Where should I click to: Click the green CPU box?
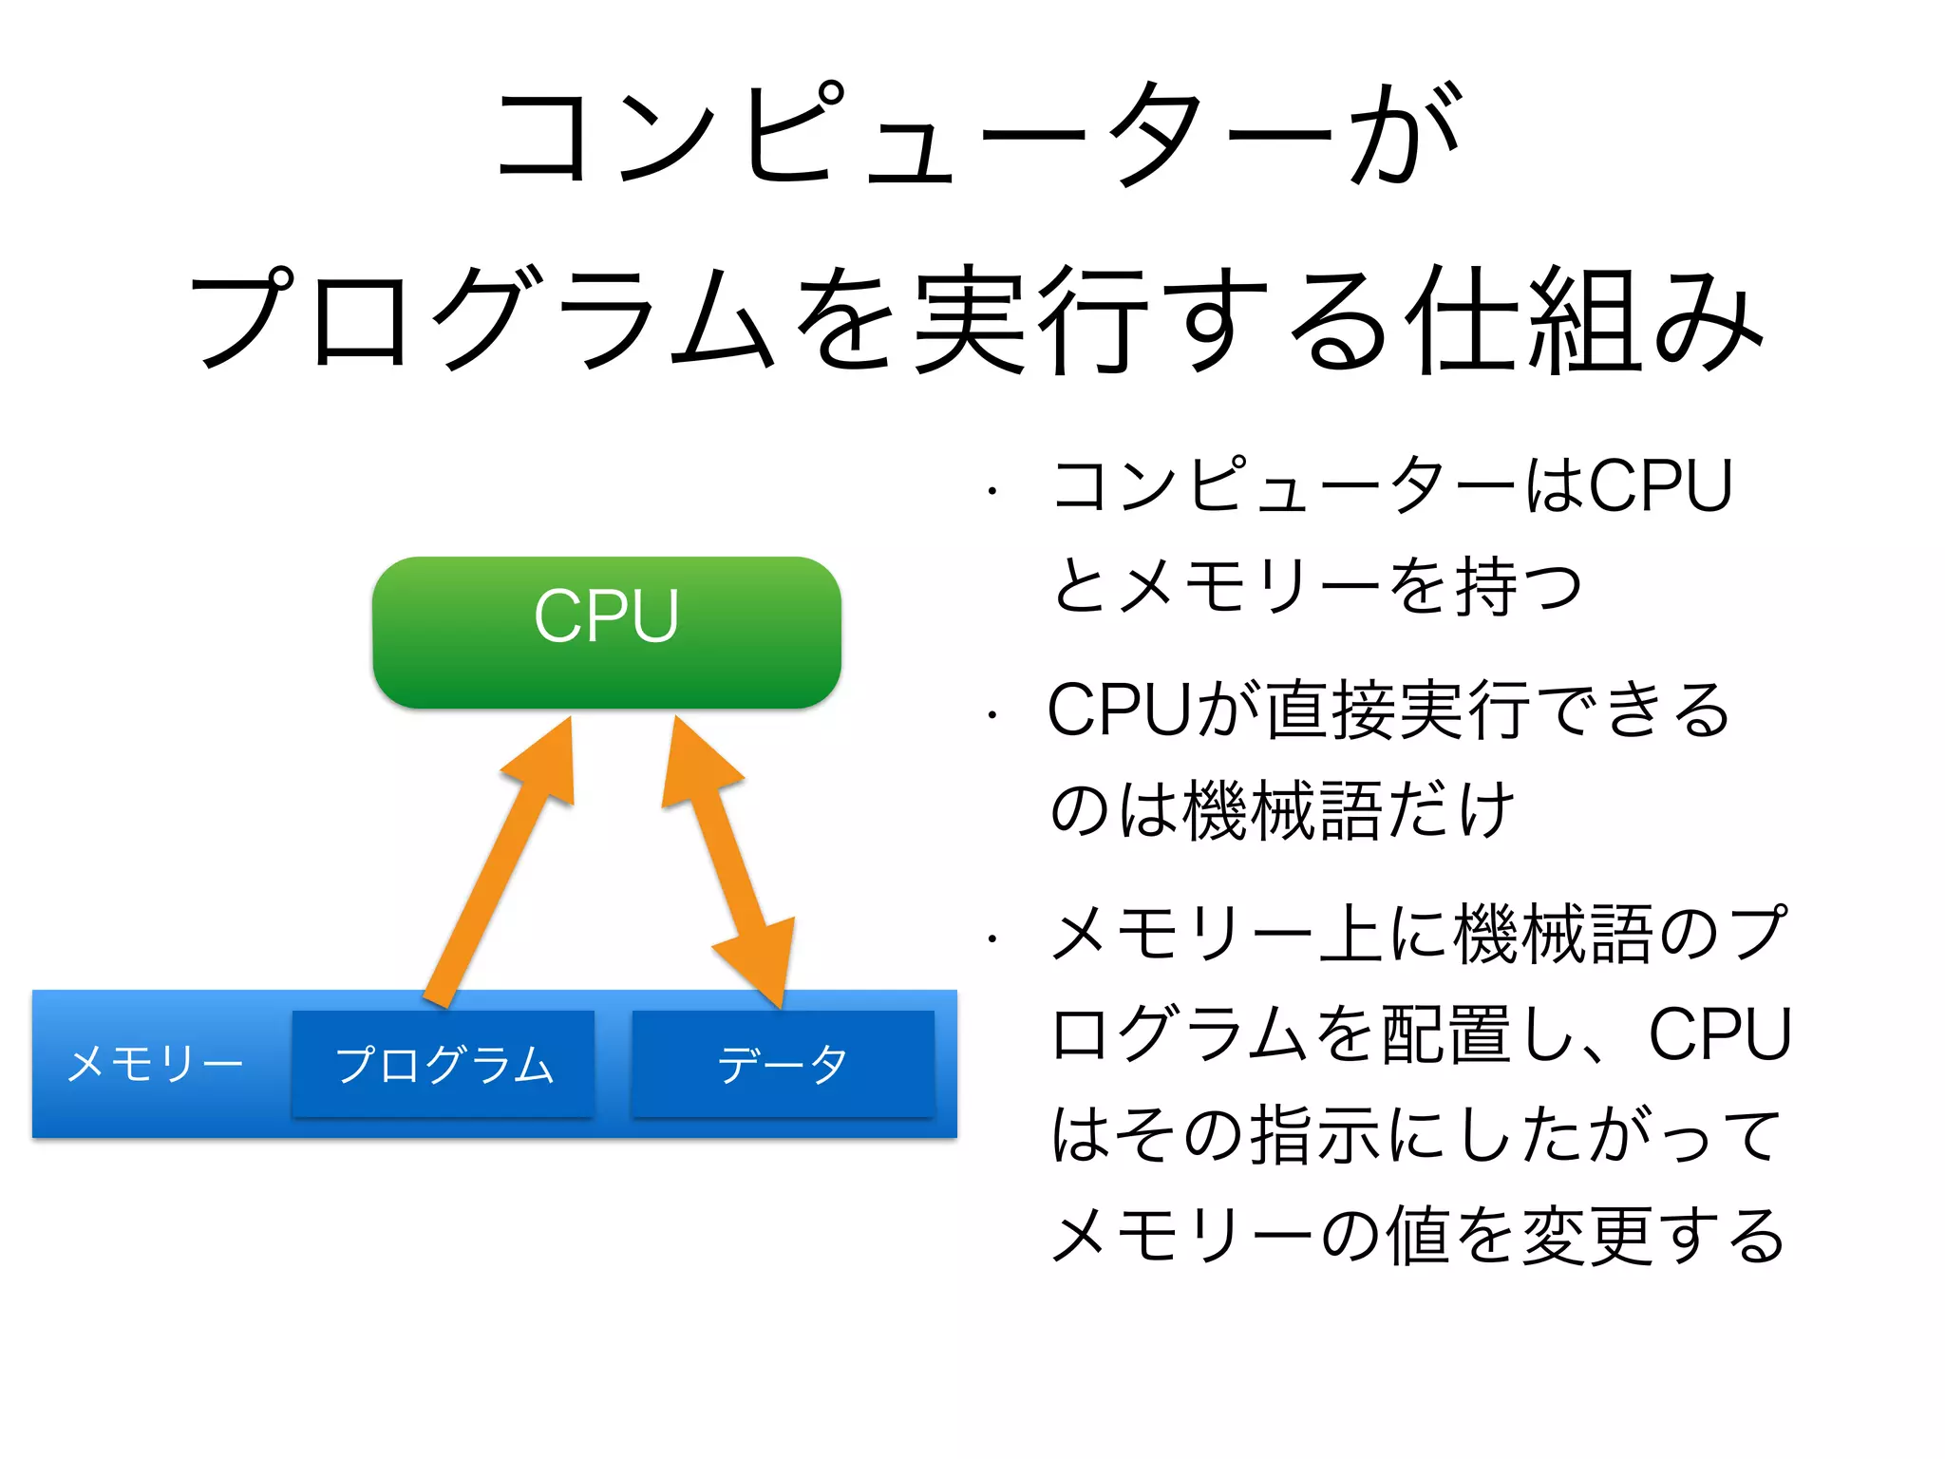(606, 632)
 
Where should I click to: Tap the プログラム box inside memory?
(443, 1064)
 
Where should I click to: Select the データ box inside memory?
(783, 1064)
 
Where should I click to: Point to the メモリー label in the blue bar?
(155, 1064)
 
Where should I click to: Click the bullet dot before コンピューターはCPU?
(991, 492)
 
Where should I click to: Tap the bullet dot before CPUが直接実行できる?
(991, 715)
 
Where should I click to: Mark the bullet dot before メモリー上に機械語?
(991, 939)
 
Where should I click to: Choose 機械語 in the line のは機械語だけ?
(1282, 810)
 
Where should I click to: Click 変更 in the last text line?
(1588, 1235)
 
